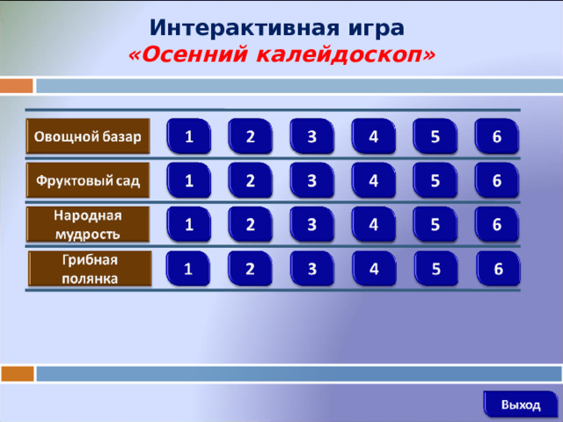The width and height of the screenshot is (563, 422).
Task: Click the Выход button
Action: click(521, 404)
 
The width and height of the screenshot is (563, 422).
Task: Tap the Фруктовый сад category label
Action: click(88, 181)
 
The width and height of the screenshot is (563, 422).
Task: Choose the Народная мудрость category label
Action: click(88, 224)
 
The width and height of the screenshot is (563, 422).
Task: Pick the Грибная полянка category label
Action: click(90, 268)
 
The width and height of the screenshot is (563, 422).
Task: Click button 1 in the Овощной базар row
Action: click(190, 136)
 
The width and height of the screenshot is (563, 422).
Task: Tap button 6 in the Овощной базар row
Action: click(497, 136)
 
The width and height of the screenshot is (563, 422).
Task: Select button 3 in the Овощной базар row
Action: click(312, 136)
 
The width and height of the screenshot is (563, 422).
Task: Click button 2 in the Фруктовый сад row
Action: click(251, 180)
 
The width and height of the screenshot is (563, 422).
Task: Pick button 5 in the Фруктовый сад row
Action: click(435, 180)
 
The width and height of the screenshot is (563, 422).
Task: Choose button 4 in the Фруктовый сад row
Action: click(374, 180)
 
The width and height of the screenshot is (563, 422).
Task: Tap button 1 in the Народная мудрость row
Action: click(190, 224)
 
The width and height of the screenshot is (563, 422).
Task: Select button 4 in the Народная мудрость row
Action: click(374, 224)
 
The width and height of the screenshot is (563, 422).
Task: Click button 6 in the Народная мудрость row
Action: click(497, 224)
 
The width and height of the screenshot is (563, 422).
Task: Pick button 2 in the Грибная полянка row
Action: click(251, 268)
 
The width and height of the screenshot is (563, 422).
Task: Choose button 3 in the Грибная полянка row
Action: click(312, 268)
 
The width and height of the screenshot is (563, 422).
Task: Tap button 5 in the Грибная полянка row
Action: click(435, 268)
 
